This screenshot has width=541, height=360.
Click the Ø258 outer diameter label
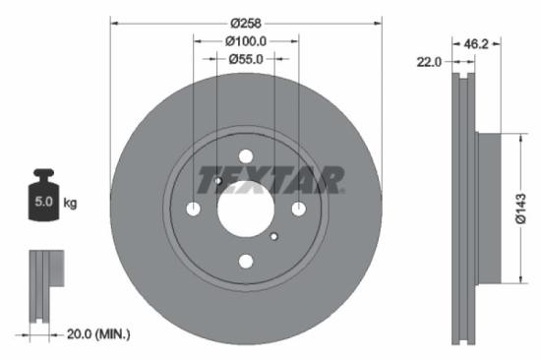246,21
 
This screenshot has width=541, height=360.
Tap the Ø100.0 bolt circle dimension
246,41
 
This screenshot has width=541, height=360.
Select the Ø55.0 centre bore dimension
246,59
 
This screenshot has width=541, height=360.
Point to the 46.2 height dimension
477,44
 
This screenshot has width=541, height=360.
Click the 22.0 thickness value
428,62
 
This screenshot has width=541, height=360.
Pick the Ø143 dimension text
521,207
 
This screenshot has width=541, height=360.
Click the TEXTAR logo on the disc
270,180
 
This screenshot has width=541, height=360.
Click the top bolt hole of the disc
246,155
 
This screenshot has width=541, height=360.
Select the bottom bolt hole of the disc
246,261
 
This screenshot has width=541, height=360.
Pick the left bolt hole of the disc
194,209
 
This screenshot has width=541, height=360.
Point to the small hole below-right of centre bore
274,235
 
